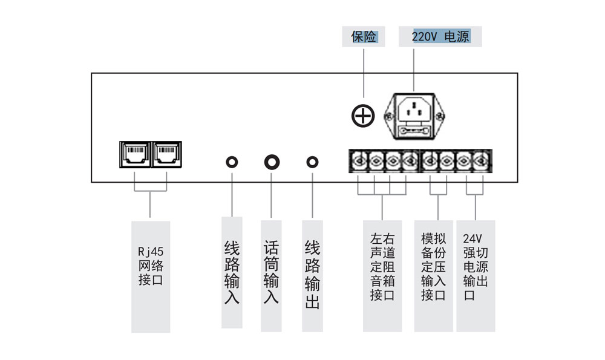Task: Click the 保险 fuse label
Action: pos(364,37)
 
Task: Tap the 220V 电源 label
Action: pos(440,37)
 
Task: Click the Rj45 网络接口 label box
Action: pos(151,276)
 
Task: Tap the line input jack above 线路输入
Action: pos(232,162)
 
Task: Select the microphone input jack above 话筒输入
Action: pos(272,162)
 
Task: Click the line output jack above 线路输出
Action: pos(312,162)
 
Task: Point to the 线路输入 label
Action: pos(232,272)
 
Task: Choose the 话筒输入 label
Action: pos(272,272)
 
